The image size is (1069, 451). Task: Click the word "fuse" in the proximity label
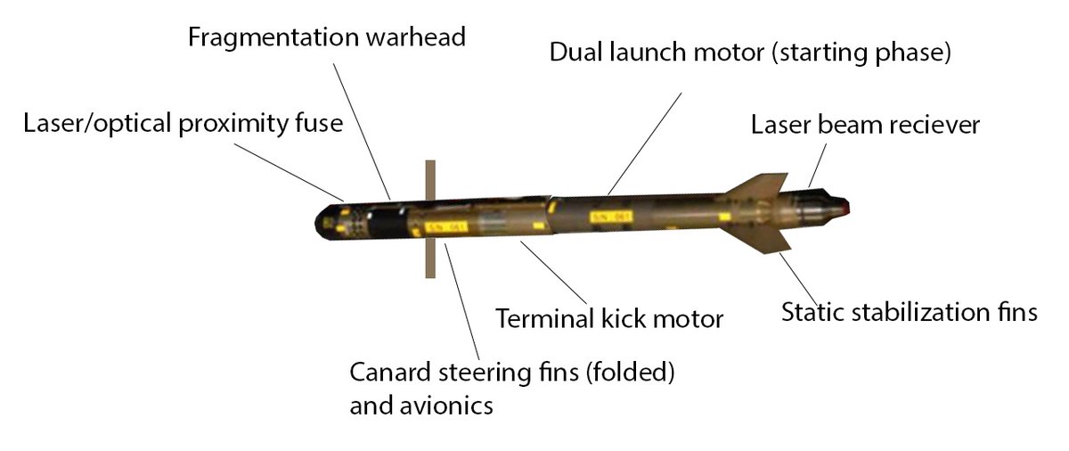coord(320,123)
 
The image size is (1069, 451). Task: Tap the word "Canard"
coord(387,372)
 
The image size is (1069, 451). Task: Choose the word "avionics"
coord(446,406)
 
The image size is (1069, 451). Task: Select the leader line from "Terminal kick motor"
coord(552,273)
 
